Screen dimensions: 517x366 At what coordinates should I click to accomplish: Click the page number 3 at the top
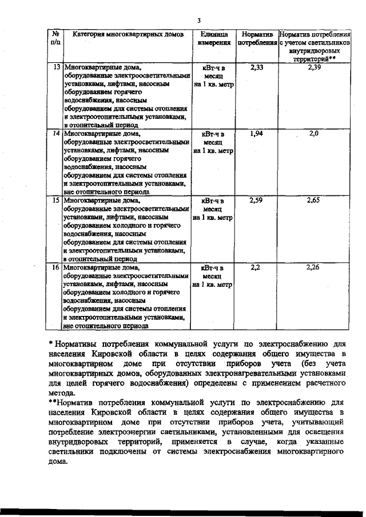[198, 21]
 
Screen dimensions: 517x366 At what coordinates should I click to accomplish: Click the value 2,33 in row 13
[257, 67]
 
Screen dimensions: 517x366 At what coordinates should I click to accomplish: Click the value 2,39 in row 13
[314, 67]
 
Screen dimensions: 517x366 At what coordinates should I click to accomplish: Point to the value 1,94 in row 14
[257, 133]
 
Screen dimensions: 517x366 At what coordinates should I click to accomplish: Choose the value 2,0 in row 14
[313, 133]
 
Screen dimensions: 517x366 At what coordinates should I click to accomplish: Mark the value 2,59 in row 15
[257, 201]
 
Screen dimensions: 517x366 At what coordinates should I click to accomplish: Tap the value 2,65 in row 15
[313, 201]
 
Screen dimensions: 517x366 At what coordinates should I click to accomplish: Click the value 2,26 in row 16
[313, 267]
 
